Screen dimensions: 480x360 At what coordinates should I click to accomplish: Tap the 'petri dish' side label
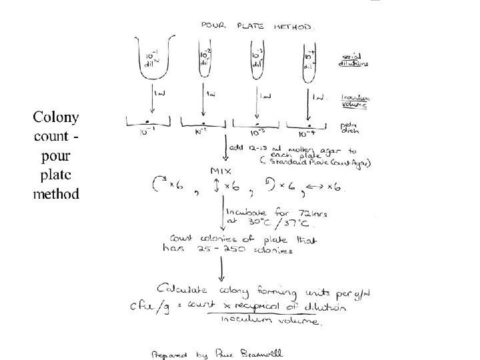(351, 123)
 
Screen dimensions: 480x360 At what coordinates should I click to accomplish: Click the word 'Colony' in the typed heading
(57, 118)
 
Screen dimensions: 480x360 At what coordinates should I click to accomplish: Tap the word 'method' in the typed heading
(57, 195)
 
